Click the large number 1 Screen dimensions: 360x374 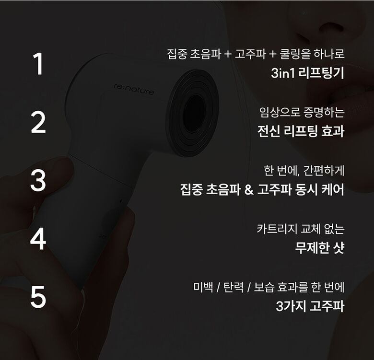point(38,65)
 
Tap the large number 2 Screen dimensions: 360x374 point(38,123)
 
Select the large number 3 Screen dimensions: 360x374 point(38,181)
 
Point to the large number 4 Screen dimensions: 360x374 point(38,239)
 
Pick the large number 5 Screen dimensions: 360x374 point(38,297)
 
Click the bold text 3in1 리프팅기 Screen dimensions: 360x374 point(307,73)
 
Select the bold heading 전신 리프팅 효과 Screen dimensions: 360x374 point(301,131)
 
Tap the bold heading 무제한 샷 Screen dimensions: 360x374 point(319,248)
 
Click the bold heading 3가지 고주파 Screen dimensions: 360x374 point(310,306)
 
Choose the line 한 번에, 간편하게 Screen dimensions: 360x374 point(304,170)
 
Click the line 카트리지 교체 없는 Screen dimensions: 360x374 point(301,229)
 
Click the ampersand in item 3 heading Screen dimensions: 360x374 point(248,190)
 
